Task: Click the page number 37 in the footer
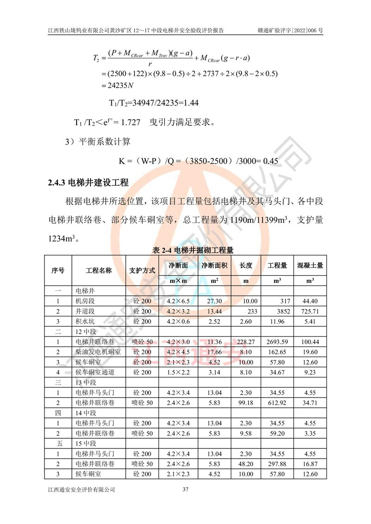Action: pyautogui.click(x=185, y=489)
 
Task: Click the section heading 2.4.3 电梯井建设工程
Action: pyautogui.click(x=88, y=182)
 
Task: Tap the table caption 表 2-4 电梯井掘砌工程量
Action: pyautogui.click(x=193, y=250)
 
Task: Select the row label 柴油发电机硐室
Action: pyautogui.click(x=98, y=352)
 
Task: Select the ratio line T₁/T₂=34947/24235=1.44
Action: pyautogui.click(x=153, y=102)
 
